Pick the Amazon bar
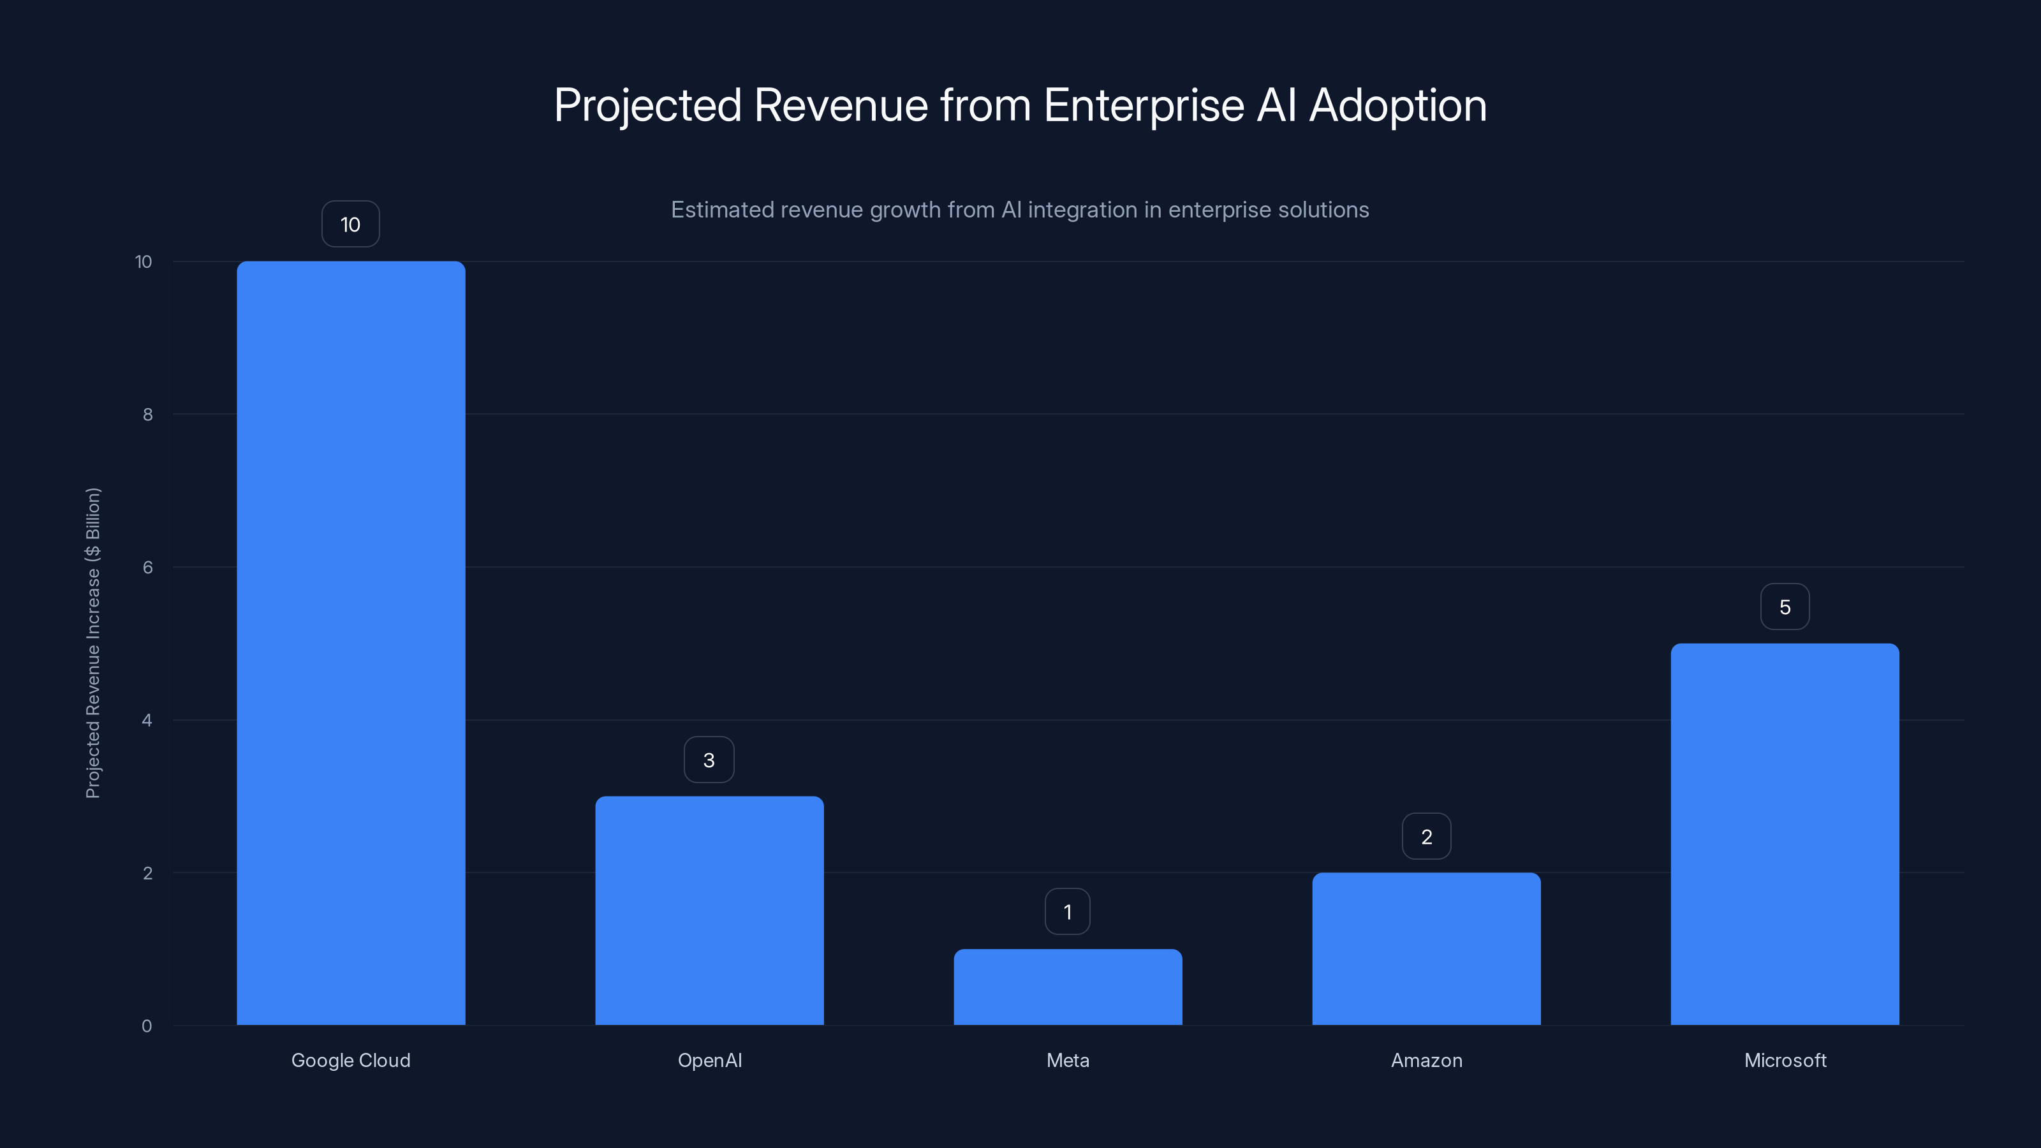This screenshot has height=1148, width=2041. point(1426,948)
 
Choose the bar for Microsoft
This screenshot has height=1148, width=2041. point(1785,834)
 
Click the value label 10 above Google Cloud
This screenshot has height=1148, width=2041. point(350,224)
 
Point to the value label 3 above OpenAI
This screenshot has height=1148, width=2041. point(709,760)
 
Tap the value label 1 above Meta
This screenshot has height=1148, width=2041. point(1067,912)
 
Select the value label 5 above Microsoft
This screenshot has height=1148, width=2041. point(1785,607)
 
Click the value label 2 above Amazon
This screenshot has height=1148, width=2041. point(1426,837)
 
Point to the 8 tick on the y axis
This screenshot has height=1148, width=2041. point(147,415)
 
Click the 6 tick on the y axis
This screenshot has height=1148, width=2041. point(147,567)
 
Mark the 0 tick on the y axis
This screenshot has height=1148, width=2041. point(147,1026)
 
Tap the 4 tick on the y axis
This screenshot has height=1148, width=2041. point(147,720)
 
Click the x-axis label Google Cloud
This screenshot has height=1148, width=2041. point(351,1060)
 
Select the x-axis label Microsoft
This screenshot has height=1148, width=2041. point(1785,1060)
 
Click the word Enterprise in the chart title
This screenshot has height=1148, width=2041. point(1144,105)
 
